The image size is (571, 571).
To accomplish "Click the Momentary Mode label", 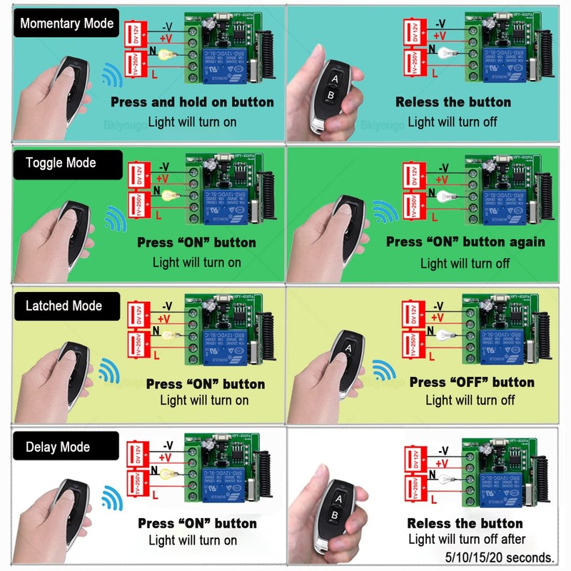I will [x=67, y=24].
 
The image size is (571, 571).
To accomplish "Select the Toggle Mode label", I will [x=61, y=163].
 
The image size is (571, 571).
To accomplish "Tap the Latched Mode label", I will [x=64, y=306].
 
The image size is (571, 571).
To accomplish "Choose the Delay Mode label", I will [x=58, y=448].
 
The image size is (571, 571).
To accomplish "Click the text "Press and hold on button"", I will [x=192, y=102].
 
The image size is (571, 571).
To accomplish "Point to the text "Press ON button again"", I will [x=465, y=242].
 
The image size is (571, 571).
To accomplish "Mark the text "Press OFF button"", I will [x=472, y=383].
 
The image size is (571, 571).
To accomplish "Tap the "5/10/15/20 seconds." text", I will [x=497, y=557].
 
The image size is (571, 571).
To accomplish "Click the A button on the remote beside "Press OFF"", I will [x=349, y=348].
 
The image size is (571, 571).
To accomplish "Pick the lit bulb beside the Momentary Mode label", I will [x=167, y=54].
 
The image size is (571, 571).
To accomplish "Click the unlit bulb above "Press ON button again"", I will [x=443, y=194].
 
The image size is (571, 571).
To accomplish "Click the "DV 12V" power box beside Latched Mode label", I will [x=136, y=314].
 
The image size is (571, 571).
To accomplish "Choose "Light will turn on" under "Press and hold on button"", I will [x=192, y=121].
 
